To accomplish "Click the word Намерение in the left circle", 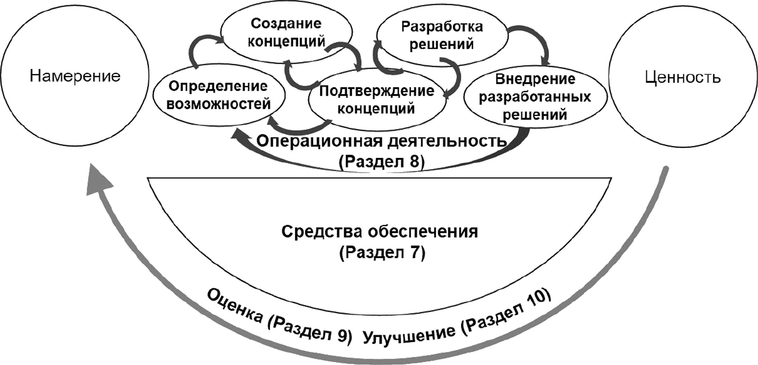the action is pyautogui.click(x=75, y=76).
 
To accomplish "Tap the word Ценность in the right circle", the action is pyautogui.click(x=683, y=77).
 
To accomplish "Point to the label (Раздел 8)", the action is pyautogui.click(x=382, y=162).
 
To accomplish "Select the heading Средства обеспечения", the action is pyautogui.click(x=379, y=232).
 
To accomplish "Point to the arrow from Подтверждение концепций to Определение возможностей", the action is pyautogui.click(x=298, y=127).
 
